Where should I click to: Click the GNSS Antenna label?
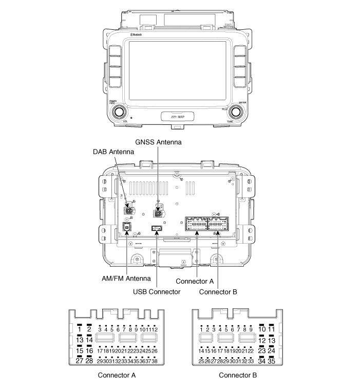pyautogui.click(x=159, y=141)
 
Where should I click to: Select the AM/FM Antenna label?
pyautogui.click(x=126, y=279)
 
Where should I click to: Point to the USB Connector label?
pyautogui.click(x=157, y=291)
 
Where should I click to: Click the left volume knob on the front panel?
pyautogui.click(x=119, y=112)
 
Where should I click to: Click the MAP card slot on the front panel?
pyautogui.click(x=177, y=117)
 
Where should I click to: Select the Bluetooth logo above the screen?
pyautogui.click(x=136, y=35)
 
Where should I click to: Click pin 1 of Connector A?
pyautogui.click(x=80, y=329)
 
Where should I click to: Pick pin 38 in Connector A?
pyautogui.click(x=154, y=361)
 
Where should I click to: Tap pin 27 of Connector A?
pyautogui.click(x=80, y=361)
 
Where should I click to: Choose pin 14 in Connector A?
pyautogui.click(x=89, y=340)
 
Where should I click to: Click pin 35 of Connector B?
pyautogui.click(x=272, y=361)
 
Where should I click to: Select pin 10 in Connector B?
pyautogui.click(x=262, y=329)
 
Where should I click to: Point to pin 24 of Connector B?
pyautogui.click(x=272, y=351)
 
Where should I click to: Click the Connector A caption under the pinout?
pyautogui.click(x=117, y=375)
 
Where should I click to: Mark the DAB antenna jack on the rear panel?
pyautogui.click(x=128, y=211)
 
